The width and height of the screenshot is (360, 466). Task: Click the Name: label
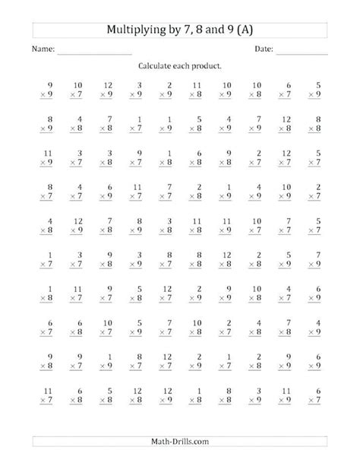[43, 49]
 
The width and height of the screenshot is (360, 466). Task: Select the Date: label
[264, 49]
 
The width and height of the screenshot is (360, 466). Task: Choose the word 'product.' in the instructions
[210, 67]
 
